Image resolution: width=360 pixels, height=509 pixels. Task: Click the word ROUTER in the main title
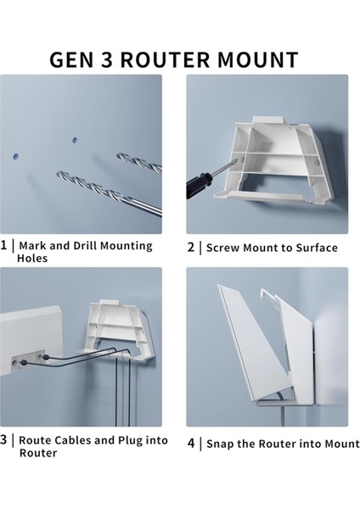coord(165,60)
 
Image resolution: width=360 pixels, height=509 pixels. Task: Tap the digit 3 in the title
coord(106,60)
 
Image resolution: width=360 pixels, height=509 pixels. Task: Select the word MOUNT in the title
coord(258,60)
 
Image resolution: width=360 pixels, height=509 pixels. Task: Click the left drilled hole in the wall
coord(15,157)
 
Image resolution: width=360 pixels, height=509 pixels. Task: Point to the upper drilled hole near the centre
coord(75,141)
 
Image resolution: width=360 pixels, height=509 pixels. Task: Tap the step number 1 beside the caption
coord(3,245)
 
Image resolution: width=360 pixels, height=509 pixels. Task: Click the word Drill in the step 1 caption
coord(86,245)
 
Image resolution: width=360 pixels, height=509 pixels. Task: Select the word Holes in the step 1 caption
coord(32,259)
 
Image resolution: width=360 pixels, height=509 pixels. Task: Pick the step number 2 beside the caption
coord(191,248)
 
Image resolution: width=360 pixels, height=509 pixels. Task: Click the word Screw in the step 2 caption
coord(223,248)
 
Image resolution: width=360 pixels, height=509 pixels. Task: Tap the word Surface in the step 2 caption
coord(317,248)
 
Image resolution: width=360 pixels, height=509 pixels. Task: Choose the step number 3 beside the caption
coord(3,439)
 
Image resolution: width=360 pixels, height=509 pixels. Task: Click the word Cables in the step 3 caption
coord(73,440)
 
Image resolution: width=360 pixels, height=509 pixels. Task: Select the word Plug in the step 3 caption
coord(130,441)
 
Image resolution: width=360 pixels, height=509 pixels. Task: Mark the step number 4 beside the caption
coord(191,443)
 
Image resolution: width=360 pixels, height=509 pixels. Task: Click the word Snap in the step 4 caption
coord(220,444)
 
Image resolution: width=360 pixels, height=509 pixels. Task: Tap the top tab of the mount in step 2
coord(267,120)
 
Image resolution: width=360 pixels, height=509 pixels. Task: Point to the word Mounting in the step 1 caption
coord(126,246)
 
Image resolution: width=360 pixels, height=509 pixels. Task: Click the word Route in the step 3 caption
coord(35,440)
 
